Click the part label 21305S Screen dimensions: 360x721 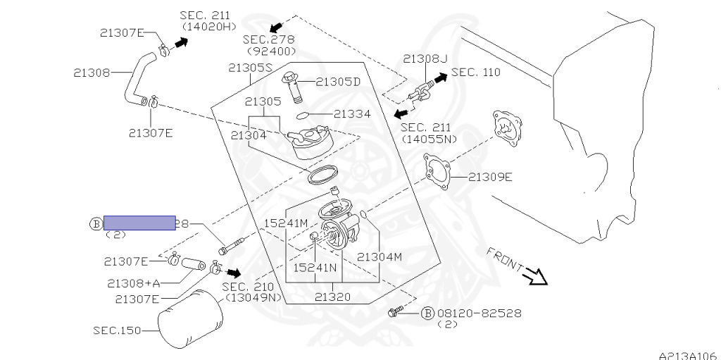tap(250, 68)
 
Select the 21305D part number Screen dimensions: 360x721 tap(337, 82)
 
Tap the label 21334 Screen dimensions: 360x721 tap(352, 113)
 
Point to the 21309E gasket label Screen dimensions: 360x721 tap(490, 177)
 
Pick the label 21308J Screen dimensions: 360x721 tap(425, 58)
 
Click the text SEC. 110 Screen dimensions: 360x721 tap(477, 72)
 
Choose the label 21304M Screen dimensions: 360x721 tap(380, 256)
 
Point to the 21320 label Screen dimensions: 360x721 tap(332, 297)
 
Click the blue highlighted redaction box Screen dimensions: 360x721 tap(139, 223)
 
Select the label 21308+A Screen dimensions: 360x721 tap(134, 283)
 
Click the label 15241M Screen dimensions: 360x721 tap(287, 223)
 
